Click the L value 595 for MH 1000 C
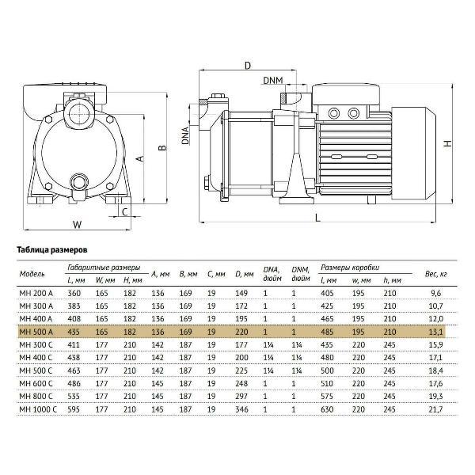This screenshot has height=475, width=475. (x=75, y=409)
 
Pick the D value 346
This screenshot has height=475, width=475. (x=242, y=409)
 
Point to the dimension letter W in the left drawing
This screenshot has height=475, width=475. (x=77, y=225)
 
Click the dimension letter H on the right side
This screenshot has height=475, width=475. (x=448, y=143)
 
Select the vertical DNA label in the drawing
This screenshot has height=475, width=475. (x=184, y=136)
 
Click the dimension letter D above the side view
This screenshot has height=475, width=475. (x=247, y=64)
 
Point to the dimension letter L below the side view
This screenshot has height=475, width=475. (x=317, y=216)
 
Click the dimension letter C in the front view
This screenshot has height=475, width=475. (x=123, y=211)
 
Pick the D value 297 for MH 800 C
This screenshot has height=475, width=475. (x=242, y=397)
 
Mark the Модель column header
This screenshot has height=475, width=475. (x=32, y=274)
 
